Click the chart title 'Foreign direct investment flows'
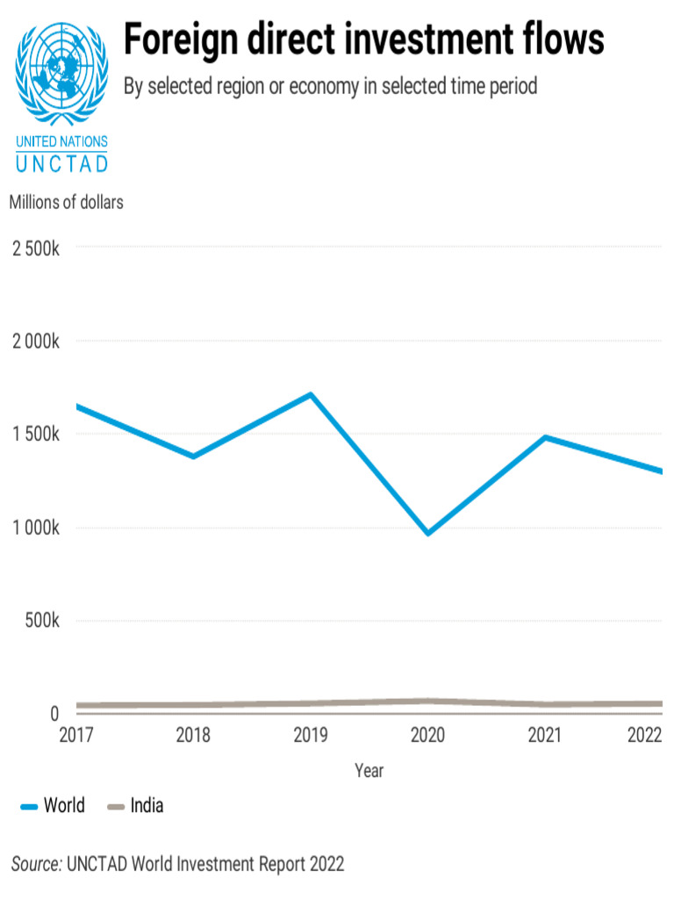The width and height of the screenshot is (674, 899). pos(363,40)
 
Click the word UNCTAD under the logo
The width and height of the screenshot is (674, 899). pos(62,163)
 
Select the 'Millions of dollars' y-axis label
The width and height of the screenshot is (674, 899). pos(67,201)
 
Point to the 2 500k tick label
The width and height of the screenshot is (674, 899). pos(35,248)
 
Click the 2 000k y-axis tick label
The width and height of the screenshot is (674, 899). pos(35,341)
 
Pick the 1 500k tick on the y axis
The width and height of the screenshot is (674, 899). pos(35,435)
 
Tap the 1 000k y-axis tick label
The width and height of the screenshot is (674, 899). pos(35,528)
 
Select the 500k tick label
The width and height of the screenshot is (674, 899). pos(42,621)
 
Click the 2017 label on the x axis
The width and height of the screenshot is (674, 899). pos(76,735)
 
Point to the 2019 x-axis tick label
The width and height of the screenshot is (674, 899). pos(311,735)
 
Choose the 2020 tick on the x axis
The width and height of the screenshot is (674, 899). pos(427,735)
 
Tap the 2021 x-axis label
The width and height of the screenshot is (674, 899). pos(545,735)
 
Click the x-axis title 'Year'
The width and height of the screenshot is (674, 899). pos(369,771)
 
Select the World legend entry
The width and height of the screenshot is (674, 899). pos(53,805)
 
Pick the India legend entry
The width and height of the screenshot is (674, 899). pos(135,805)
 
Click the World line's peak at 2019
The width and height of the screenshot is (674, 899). pos(311,394)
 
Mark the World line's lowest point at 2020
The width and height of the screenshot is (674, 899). pos(427,533)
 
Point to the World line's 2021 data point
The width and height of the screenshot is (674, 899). pos(545,437)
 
